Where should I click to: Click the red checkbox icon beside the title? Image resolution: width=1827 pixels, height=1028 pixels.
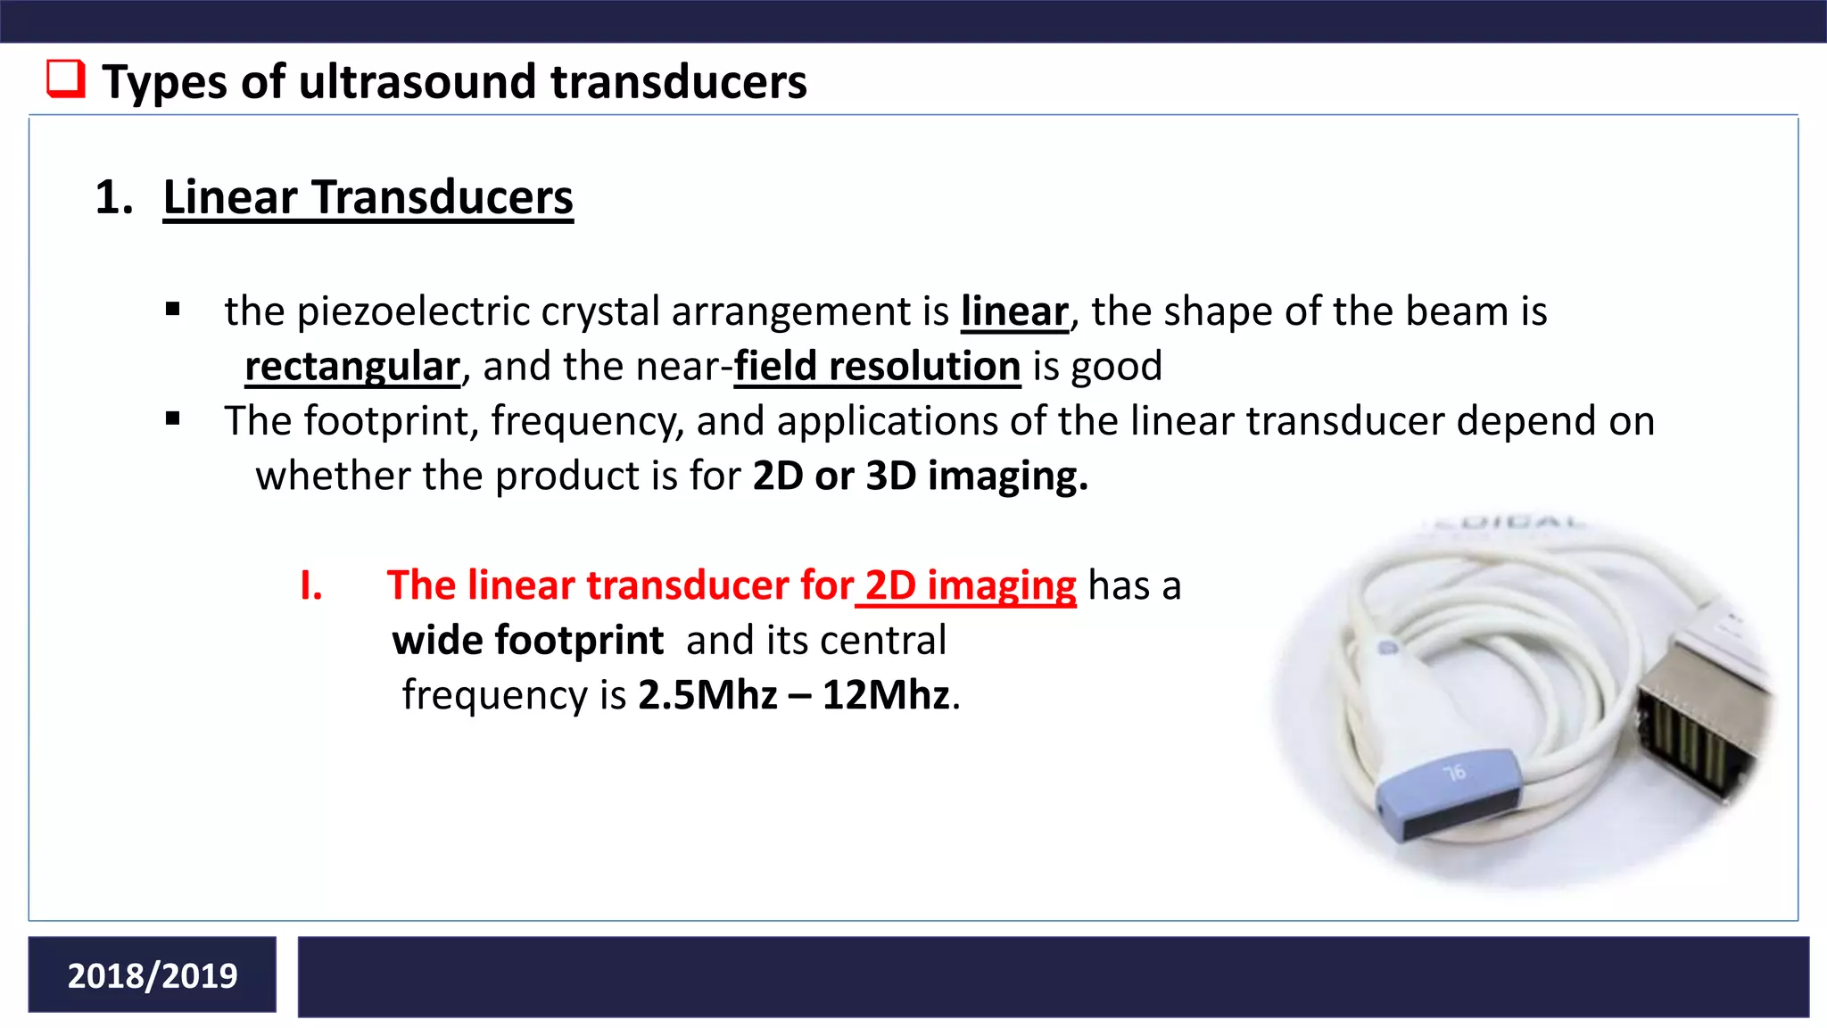66,79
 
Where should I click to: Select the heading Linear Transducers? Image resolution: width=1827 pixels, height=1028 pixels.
368,197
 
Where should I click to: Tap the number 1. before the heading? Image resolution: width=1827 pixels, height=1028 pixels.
113,197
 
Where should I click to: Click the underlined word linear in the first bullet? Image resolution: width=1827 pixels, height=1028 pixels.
1014,311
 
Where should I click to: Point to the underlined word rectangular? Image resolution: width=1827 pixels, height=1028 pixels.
352,367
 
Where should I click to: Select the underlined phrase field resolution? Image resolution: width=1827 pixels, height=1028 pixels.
877,367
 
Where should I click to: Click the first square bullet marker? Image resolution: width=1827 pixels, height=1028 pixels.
173,311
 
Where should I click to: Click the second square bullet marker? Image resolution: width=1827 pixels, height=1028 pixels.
173,419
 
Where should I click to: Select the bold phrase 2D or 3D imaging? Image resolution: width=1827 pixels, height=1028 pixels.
920,476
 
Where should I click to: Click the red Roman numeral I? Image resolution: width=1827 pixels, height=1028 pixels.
310,586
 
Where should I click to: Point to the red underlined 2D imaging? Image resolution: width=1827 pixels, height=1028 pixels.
971,586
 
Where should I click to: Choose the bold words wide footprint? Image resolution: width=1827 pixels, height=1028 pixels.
527,641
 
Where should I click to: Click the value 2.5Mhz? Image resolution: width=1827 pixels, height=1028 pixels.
707,695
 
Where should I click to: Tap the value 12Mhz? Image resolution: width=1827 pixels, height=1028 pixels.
886,695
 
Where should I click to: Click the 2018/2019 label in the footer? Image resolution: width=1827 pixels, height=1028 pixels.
153,975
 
